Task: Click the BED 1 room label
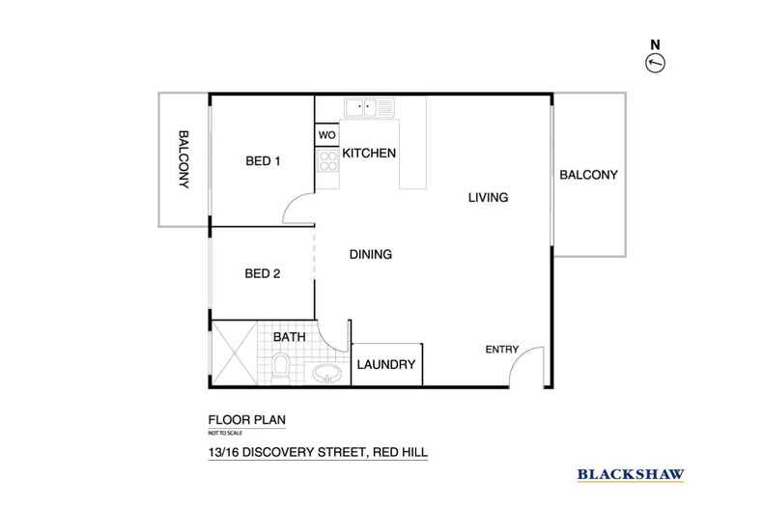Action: [x=262, y=161]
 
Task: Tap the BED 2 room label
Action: [x=262, y=273]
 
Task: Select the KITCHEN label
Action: [x=370, y=154]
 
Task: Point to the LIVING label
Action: [x=488, y=198]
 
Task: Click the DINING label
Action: [x=370, y=255]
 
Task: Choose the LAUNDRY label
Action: [x=386, y=365]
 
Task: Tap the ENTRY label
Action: [x=502, y=350]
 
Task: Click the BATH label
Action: [x=289, y=338]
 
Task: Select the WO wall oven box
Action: [x=326, y=135]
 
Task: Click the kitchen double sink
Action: [x=369, y=107]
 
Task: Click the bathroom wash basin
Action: [x=326, y=374]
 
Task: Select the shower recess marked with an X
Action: [x=236, y=353]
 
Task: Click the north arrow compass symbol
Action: [x=656, y=63]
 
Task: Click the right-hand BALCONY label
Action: [x=588, y=175]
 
